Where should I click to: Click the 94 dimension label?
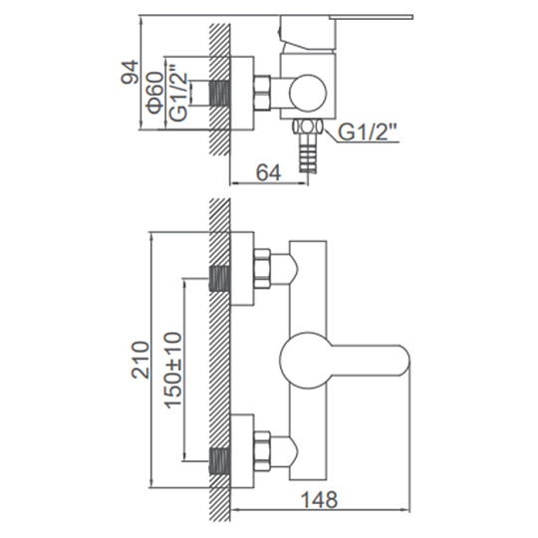pyautogui.click(x=131, y=72)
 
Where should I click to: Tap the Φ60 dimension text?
pyautogui.click(x=154, y=93)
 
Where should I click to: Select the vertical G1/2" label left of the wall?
pyautogui.click(x=179, y=96)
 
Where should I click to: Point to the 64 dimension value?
pyautogui.click(x=269, y=172)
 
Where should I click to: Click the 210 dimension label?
pyautogui.click(x=141, y=360)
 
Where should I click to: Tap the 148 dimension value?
pyautogui.click(x=319, y=499)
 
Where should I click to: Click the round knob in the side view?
pyautogui.click(x=308, y=93)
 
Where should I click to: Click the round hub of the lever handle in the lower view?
pyautogui.click(x=301, y=360)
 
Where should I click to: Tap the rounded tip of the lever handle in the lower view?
pyautogui.click(x=404, y=360)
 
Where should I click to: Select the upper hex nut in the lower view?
pyautogui.click(x=262, y=268)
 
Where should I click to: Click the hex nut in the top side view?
pyautogui.click(x=262, y=93)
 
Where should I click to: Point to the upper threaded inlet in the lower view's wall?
pyautogui.click(x=220, y=278)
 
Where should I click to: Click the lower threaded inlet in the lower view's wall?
pyautogui.click(x=220, y=461)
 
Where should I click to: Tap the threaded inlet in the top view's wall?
pyautogui.click(x=220, y=93)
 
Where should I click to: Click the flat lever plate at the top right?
pyautogui.click(x=371, y=17)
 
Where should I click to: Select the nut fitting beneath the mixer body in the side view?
pyautogui.click(x=308, y=127)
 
